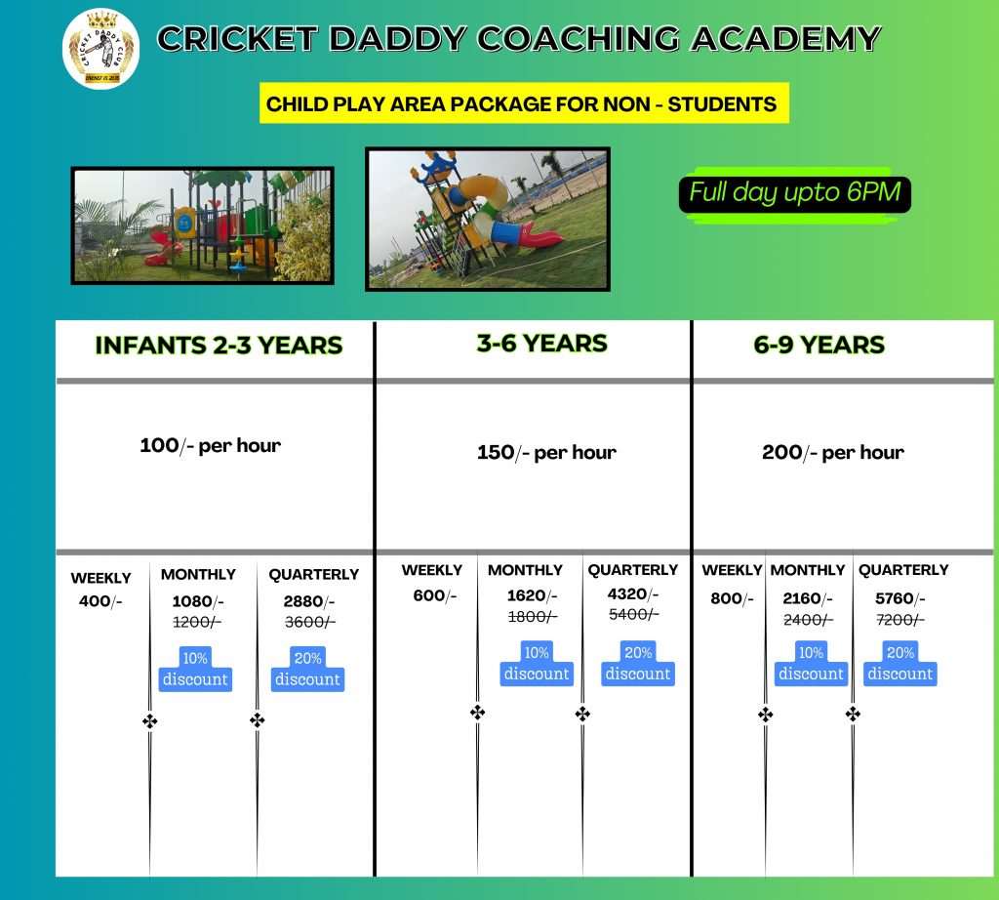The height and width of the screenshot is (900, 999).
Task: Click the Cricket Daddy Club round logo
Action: point(100,49)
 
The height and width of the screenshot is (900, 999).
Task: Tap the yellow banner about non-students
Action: point(524,103)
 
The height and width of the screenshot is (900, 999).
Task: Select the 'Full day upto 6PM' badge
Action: point(794,194)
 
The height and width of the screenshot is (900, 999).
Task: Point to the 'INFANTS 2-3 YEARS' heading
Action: point(219,346)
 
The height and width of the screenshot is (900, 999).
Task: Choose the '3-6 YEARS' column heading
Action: point(541,344)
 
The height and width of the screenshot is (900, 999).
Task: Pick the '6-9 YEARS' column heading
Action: point(819,345)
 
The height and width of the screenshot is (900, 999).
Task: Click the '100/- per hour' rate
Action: point(211,445)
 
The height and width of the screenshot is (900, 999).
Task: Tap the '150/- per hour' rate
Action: point(546,452)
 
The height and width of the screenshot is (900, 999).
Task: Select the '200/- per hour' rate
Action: point(833,452)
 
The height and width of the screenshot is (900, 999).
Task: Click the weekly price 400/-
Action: point(100,601)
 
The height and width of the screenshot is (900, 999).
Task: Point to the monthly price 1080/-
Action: point(198,601)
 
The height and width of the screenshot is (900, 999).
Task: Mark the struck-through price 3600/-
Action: point(309,622)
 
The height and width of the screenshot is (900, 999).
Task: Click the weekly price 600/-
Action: point(434,595)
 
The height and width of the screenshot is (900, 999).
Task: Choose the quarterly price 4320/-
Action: point(632,594)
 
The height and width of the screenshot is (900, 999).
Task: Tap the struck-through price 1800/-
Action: point(533,616)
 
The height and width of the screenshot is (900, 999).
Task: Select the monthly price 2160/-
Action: point(807,597)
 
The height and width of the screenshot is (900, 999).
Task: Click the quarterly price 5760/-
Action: point(899,597)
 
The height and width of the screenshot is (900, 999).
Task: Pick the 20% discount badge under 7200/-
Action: point(899,664)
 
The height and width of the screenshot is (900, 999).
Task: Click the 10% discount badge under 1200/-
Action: point(195,669)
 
